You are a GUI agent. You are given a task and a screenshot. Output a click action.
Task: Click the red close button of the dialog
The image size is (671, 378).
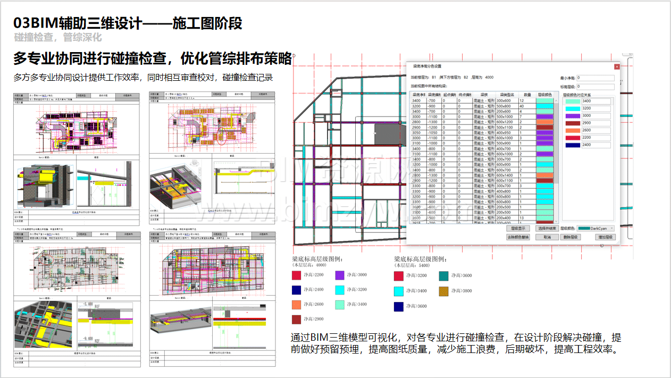coord(616,66)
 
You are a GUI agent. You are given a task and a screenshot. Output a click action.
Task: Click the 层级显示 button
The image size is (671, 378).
coord(517,228)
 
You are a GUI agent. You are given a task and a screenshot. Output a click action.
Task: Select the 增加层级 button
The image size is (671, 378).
coord(602,237)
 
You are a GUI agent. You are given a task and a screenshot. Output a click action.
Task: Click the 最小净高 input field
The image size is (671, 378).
coord(595,78)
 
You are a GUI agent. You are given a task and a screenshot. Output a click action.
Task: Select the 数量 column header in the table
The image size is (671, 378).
coord(527,95)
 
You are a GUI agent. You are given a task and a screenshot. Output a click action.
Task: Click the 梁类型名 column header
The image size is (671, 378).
coord(506,95)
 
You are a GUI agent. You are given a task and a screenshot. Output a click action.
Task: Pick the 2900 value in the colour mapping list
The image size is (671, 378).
coord(595,123)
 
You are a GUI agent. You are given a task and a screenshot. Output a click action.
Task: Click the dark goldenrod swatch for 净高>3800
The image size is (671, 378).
coord(444,291)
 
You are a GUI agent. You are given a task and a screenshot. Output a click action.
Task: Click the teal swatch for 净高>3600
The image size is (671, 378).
coord(444,275)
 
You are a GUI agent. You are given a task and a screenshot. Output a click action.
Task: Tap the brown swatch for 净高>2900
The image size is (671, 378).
coord(297,320)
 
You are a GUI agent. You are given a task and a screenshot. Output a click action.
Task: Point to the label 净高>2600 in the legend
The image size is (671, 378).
coord(313,305)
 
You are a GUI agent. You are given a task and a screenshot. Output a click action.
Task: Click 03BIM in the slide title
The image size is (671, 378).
coord(32,24)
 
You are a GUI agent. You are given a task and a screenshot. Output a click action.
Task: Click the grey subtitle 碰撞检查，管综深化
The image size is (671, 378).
coord(57,38)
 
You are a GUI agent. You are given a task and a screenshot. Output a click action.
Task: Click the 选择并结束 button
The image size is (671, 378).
coord(547,228)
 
